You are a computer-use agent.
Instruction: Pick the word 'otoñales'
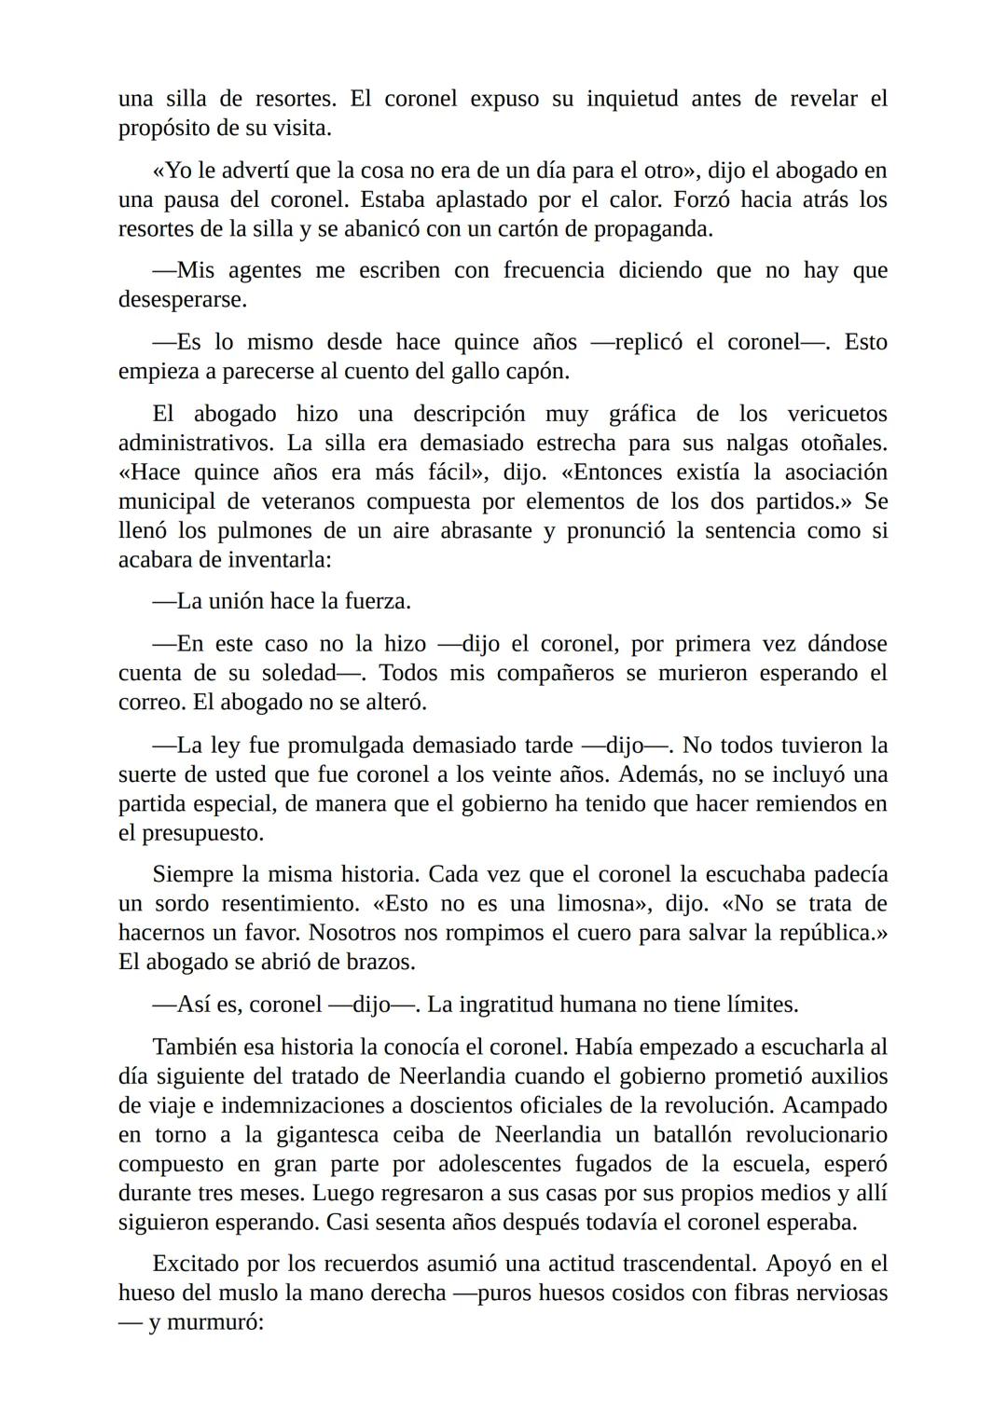coord(840,443)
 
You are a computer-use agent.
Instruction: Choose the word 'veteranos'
coord(303,501)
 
